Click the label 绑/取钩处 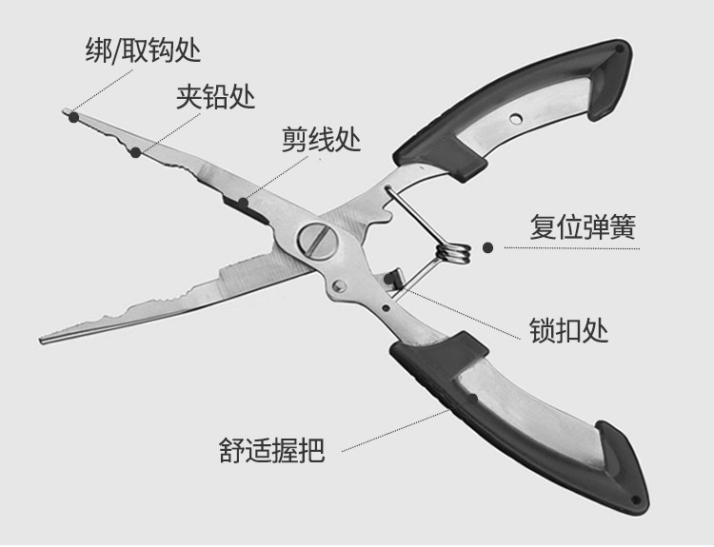click(144, 49)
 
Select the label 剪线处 click(321, 142)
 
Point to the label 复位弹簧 click(582, 229)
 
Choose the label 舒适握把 click(270, 449)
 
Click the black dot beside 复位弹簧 click(488, 247)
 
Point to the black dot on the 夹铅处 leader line click(136, 151)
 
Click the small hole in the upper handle click(516, 118)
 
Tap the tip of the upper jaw click(72, 115)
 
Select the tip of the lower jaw click(42, 340)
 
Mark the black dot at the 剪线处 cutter click(244, 201)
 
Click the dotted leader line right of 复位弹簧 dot click(590, 247)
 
